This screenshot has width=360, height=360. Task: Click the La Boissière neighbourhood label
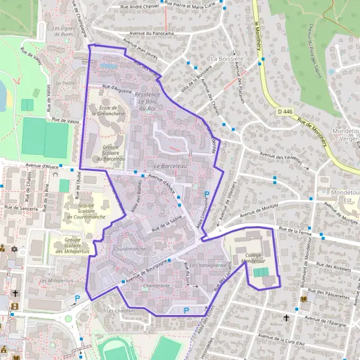tap(225, 58)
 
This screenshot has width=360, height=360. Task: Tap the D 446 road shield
tap(286, 112)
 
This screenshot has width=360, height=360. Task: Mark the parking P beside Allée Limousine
tap(208, 194)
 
